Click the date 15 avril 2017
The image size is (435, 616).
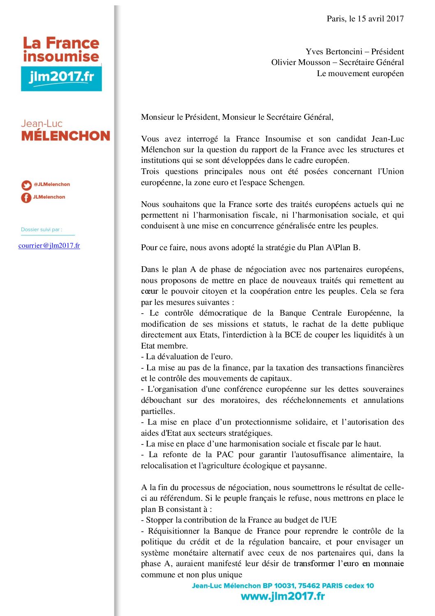click(x=380, y=19)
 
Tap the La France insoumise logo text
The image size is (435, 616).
click(x=61, y=49)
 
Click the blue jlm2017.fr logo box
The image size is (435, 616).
click(x=61, y=77)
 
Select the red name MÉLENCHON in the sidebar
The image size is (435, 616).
click(x=66, y=136)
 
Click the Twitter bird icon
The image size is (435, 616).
click(x=26, y=185)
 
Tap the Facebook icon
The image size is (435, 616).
click(x=26, y=198)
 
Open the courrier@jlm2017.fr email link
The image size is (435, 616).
click(x=49, y=246)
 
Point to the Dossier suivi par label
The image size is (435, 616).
click(x=42, y=230)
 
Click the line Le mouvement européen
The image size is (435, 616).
click(x=360, y=74)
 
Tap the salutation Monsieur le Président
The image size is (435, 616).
click(x=180, y=117)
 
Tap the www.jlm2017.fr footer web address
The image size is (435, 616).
click(x=282, y=596)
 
